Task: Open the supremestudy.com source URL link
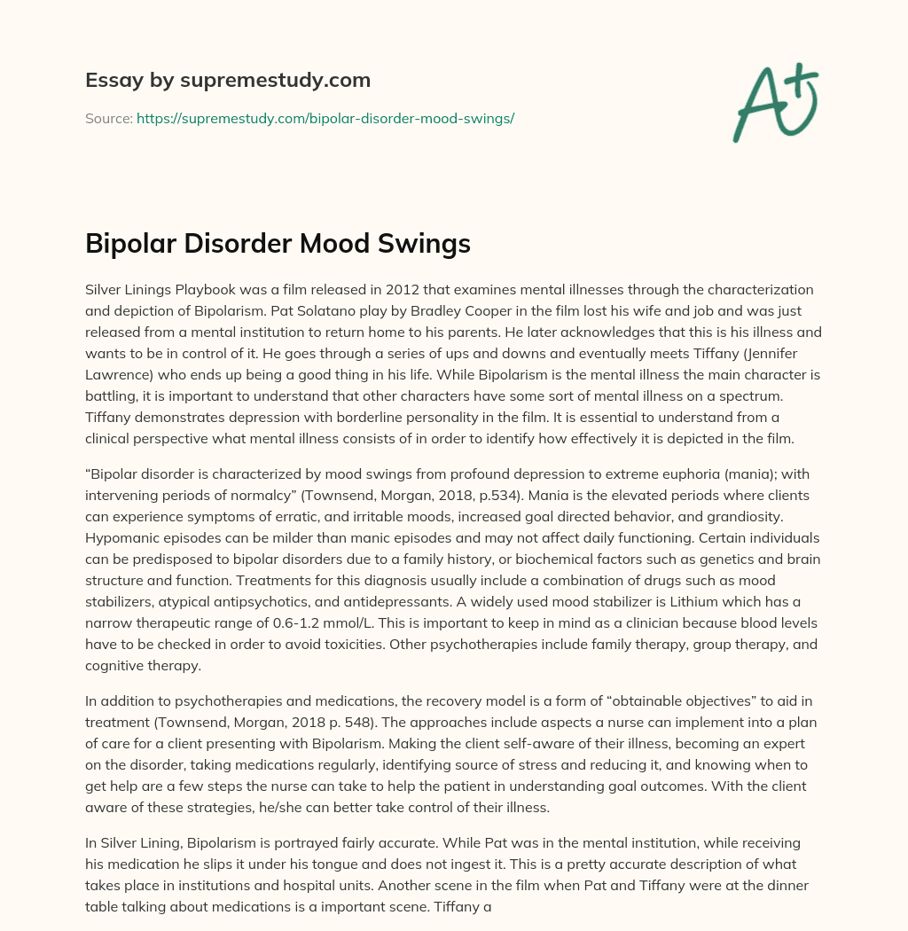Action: pyautogui.click(x=325, y=118)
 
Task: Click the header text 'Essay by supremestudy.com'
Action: pyautogui.click(x=228, y=81)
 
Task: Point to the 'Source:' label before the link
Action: pyautogui.click(x=108, y=118)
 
